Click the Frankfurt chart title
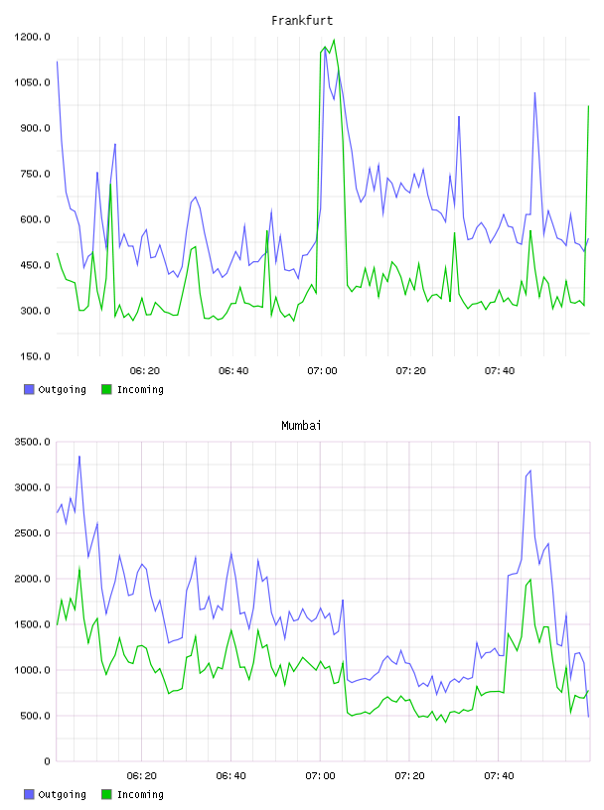coord(302,21)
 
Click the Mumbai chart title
coord(301,426)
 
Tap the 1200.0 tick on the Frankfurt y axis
coord(32,37)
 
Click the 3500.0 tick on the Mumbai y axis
coord(32,442)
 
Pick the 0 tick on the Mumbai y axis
coord(47,761)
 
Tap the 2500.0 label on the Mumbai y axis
coord(32,533)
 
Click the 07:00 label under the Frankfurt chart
coord(322,371)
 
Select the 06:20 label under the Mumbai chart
coord(141,776)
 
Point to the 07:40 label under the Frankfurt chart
coord(499,371)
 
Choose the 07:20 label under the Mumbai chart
coord(409,776)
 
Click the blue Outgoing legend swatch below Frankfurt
coord(29,389)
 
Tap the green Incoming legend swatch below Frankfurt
coord(106,389)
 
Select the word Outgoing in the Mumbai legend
coord(62,795)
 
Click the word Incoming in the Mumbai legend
coord(140,795)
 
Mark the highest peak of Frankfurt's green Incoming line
coord(334,40)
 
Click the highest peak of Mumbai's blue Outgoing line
coord(79,457)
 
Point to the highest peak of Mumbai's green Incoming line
coord(79,568)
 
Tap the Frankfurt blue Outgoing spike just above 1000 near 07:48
coord(534,93)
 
